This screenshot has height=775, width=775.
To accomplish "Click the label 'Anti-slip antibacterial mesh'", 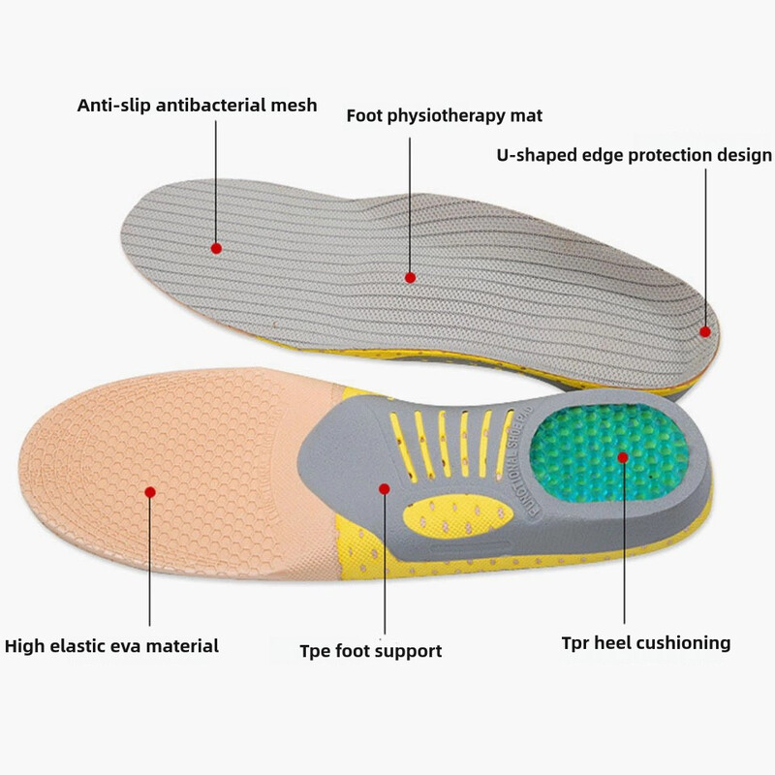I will click(x=197, y=105).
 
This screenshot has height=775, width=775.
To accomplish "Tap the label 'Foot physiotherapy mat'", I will click(x=445, y=116).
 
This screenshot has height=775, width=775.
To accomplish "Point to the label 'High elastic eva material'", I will click(x=112, y=645).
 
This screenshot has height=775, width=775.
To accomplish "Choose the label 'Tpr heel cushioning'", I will click(x=646, y=642).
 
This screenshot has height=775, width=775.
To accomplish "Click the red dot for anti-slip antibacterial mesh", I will click(x=217, y=248).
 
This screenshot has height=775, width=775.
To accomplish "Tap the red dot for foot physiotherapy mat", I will click(x=411, y=277).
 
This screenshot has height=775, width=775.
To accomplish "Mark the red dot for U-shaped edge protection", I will click(x=705, y=331).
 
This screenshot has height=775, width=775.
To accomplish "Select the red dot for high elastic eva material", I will click(x=150, y=492).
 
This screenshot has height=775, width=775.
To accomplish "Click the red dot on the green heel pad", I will click(x=623, y=456).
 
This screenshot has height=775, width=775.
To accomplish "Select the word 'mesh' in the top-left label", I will click(x=294, y=105).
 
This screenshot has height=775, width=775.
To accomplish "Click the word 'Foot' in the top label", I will click(x=365, y=116).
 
